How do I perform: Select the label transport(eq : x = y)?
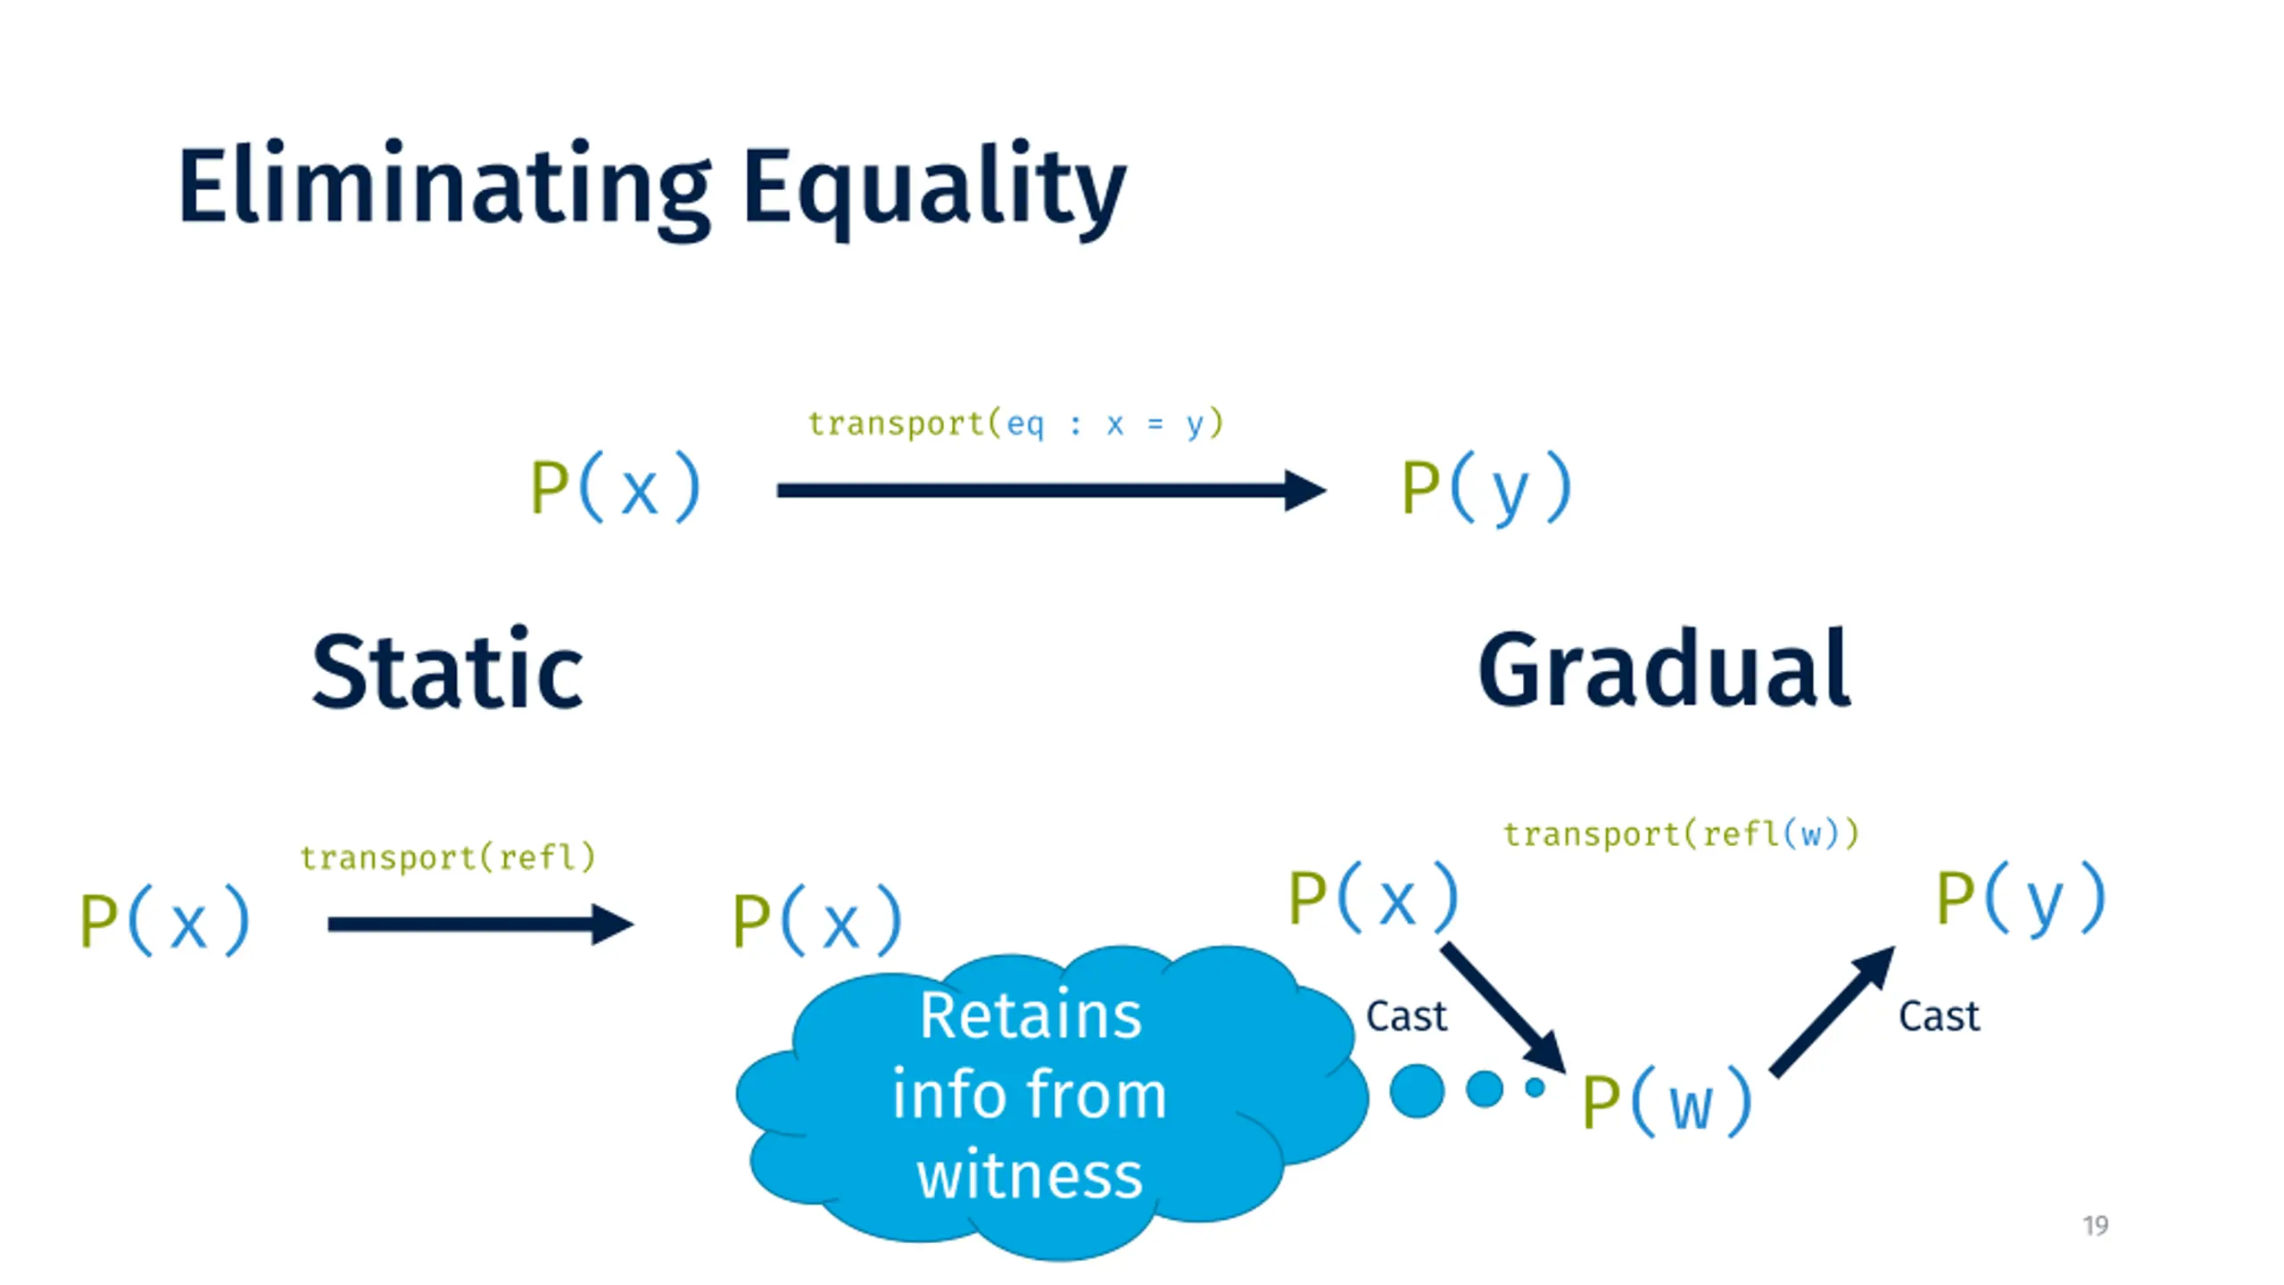(1015, 423)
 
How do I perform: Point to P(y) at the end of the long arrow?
(1485, 488)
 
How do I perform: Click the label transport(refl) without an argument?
(447, 858)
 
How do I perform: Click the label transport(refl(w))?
(1681, 834)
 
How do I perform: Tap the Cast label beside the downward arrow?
(1406, 1016)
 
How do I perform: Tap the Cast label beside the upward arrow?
(1939, 1016)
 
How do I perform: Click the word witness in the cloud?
(1030, 1174)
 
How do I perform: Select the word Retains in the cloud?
(1030, 1016)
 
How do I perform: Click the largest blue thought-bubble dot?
(1417, 1090)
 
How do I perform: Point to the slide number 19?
(2096, 1225)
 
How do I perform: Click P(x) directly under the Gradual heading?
(1373, 897)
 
